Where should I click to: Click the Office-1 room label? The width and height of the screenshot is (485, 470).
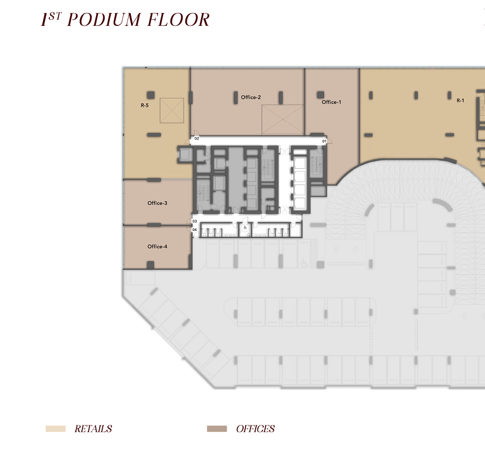331,102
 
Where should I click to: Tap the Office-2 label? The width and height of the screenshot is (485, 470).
251,97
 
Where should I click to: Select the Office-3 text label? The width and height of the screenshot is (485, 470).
157,203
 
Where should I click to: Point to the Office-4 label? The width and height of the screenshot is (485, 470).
157,246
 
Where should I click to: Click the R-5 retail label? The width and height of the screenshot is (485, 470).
144,105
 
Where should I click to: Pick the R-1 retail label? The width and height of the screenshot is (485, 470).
460,101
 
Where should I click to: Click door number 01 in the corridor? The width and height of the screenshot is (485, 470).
324,141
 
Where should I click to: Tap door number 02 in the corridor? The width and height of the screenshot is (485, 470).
197,138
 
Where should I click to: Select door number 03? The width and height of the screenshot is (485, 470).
195,221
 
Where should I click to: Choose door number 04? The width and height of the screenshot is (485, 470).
195,229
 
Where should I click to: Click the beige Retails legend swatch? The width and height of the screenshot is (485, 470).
56,429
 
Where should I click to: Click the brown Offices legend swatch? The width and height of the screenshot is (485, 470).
217,429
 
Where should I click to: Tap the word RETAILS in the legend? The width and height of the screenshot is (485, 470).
93,429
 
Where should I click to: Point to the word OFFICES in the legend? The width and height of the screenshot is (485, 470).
255,429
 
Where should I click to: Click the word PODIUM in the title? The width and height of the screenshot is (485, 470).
104,20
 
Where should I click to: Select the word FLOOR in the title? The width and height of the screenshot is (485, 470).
178,20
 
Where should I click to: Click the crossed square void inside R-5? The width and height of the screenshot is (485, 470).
172,110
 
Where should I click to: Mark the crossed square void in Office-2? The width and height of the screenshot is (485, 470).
283,120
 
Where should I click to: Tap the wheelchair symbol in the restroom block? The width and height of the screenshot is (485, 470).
245,228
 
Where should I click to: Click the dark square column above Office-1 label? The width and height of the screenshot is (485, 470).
320,94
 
